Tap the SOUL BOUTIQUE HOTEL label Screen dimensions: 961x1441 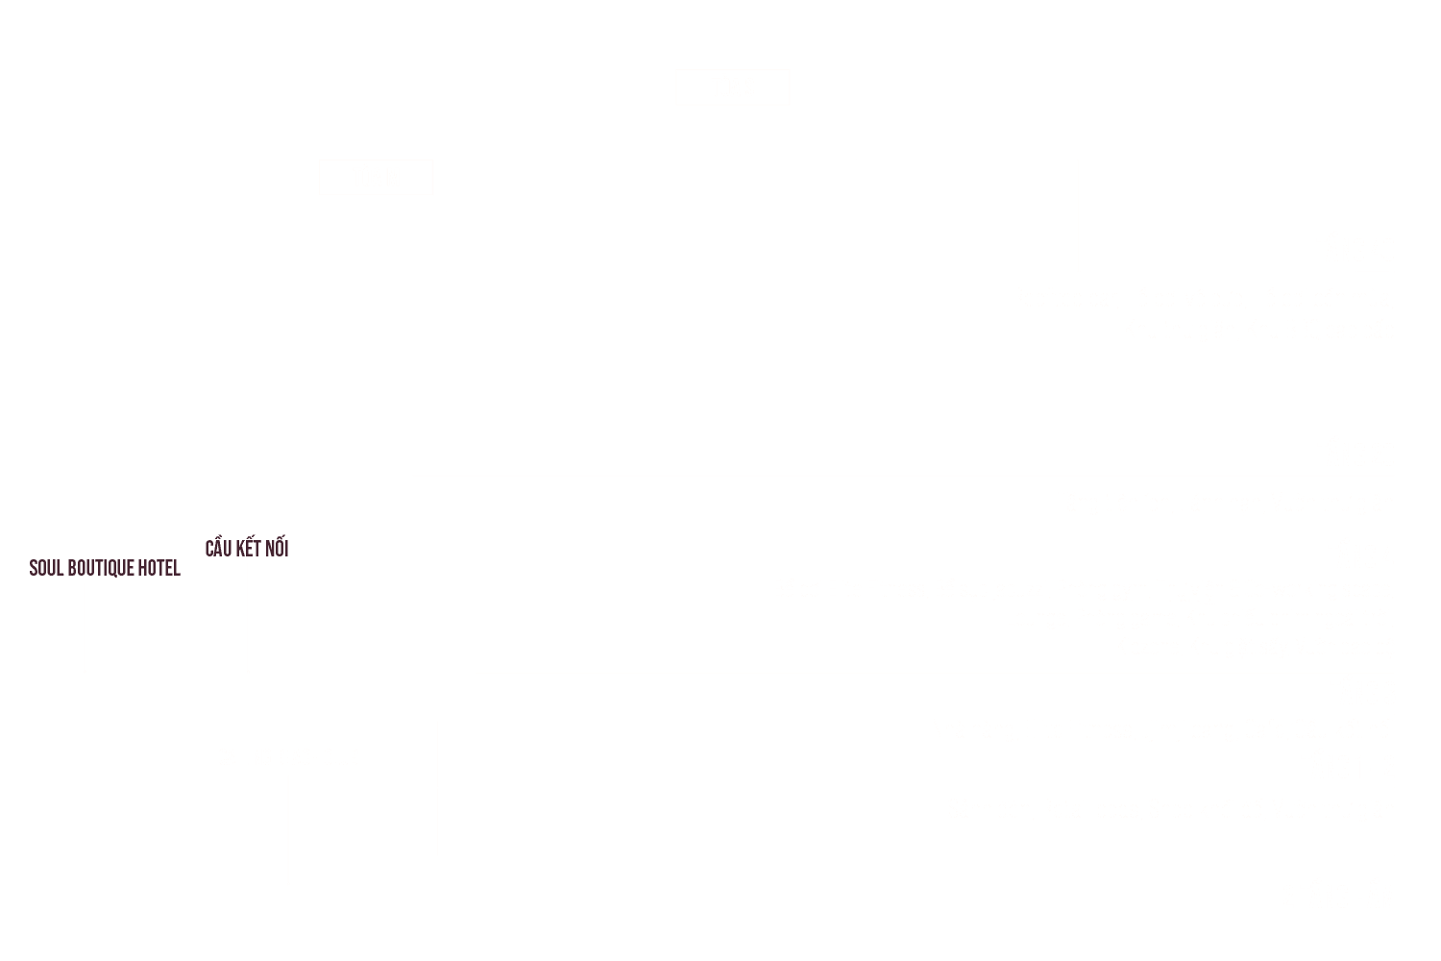[x=105, y=568]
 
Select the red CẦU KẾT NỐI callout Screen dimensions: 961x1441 [x=247, y=549]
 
